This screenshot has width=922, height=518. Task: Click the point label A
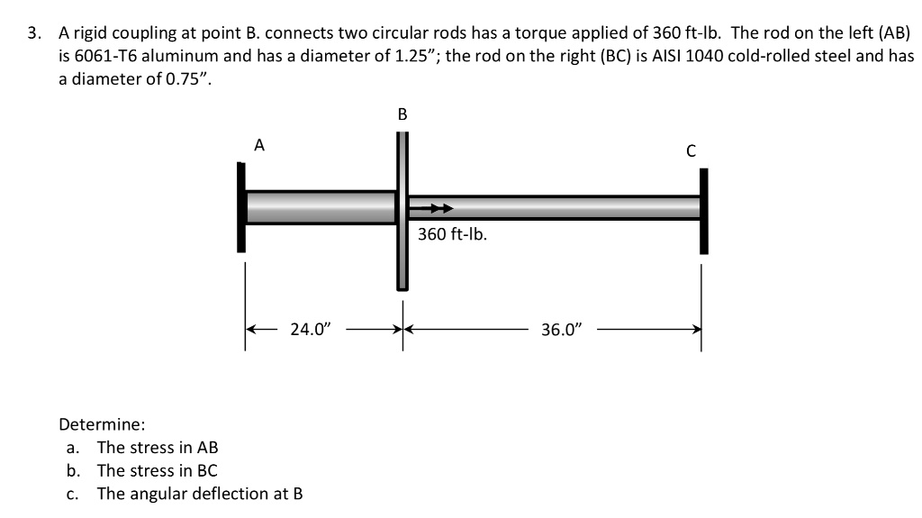pyautogui.click(x=259, y=144)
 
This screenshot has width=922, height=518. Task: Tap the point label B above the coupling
pyautogui.click(x=402, y=114)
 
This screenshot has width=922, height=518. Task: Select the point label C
pyautogui.click(x=691, y=150)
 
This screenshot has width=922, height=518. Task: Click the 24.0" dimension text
pyautogui.click(x=311, y=330)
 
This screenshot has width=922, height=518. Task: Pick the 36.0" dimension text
pyautogui.click(x=563, y=330)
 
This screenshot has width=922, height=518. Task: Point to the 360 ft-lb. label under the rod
pyautogui.click(x=452, y=235)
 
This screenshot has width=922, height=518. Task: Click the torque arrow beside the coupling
pyautogui.click(x=429, y=209)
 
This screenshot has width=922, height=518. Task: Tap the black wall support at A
pyautogui.click(x=241, y=207)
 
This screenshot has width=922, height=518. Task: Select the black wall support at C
pyautogui.click(x=704, y=211)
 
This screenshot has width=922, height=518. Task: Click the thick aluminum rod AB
pyautogui.click(x=320, y=207)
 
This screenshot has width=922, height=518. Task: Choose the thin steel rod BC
pyautogui.click(x=558, y=207)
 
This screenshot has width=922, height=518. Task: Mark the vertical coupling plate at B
pyautogui.click(x=402, y=211)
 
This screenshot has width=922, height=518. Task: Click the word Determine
pyautogui.click(x=102, y=424)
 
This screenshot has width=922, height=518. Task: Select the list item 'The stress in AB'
pyautogui.click(x=158, y=448)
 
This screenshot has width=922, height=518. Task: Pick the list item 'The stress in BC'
pyautogui.click(x=158, y=470)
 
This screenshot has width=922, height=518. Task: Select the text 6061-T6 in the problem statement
pyautogui.click(x=104, y=56)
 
